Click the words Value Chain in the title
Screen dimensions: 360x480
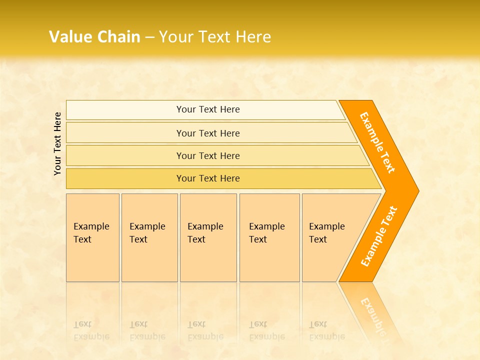point(94,37)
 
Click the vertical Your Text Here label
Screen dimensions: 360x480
point(57,143)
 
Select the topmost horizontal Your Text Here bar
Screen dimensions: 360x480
point(125,110)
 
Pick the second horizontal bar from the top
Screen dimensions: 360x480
point(125,133)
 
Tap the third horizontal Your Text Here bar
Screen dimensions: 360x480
point(125,155)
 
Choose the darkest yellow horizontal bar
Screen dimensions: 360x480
point(125,178)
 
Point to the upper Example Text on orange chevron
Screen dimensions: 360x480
point(377,142)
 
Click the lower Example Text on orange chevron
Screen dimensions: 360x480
point(379,236)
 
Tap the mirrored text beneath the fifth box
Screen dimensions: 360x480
point(326,330)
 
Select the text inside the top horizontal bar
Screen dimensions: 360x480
point(208,109)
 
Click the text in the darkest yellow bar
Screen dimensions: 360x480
point(208,178)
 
